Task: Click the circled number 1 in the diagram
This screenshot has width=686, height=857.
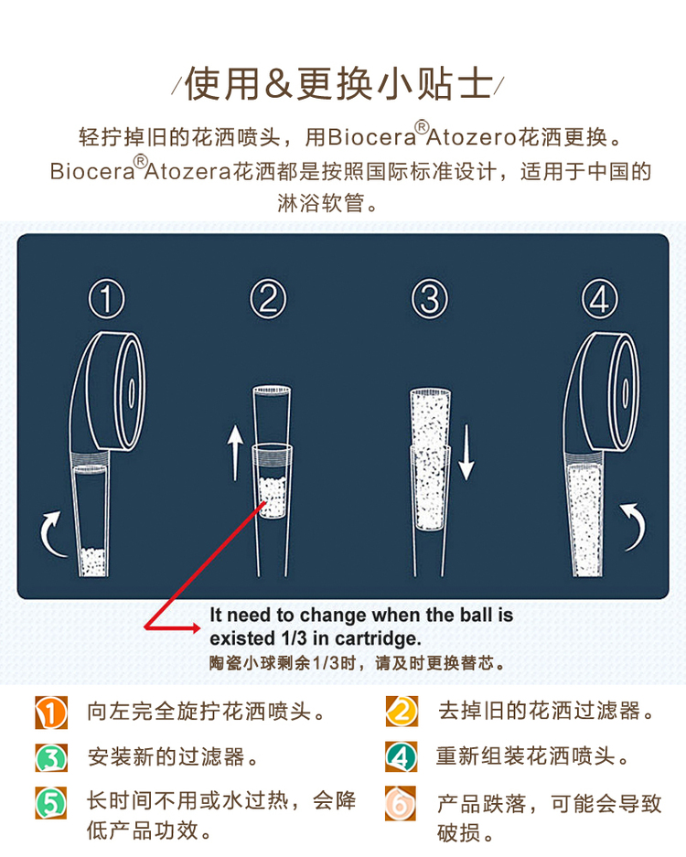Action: [x=107, y=298]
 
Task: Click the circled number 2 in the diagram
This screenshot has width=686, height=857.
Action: [x=268, y=298]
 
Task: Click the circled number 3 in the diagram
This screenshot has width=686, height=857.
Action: [x=430, y=298]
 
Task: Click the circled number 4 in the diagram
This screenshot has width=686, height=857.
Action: [x=600, y=298]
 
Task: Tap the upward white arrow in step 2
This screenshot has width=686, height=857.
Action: [x=235, y=453]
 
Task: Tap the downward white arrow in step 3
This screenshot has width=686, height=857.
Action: [x=466, y=453]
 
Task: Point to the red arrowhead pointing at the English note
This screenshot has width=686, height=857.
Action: [x=194, y=628]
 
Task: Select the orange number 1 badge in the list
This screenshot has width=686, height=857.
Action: [x=51, y=712]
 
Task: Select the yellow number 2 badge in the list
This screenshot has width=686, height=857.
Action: [x=402, y=712]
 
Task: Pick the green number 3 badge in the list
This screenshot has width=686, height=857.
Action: [x=51, y=757]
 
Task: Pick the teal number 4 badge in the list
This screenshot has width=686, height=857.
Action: [x=402, y=757]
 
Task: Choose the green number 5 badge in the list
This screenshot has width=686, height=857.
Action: [x=51, y=803]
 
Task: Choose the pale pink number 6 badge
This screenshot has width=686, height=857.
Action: [x=400, y=803]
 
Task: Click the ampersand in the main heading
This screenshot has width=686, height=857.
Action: [x=278, y=85]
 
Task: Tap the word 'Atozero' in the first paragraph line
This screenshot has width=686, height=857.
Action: [x=470, y=136]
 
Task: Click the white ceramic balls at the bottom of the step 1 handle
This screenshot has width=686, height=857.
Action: [x=93, y=562]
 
